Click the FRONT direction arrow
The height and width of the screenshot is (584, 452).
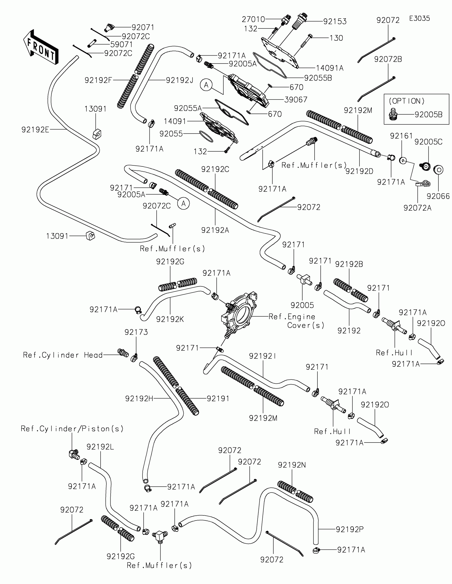41,47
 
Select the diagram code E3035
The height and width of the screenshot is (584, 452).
419,18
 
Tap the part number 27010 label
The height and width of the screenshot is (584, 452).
253,19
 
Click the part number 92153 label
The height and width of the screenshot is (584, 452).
335,21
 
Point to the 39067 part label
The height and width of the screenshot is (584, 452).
296,99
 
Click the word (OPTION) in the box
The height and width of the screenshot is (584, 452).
407,101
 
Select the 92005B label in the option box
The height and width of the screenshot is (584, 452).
429,114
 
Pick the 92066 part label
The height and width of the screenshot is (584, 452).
438,196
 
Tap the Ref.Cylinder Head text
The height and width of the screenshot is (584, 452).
63,355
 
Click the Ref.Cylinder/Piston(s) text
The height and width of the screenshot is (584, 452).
72,429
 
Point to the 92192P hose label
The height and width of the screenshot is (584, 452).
350,529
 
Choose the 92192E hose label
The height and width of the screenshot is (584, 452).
35,130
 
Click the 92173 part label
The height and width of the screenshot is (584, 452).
136,332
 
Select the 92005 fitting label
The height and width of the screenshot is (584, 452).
302,305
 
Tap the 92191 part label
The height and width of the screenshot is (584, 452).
218,398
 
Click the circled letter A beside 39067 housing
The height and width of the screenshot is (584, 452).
206,85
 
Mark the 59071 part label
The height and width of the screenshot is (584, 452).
122,44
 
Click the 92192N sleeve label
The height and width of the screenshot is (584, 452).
292,465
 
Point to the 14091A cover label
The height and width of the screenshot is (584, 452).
330,68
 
